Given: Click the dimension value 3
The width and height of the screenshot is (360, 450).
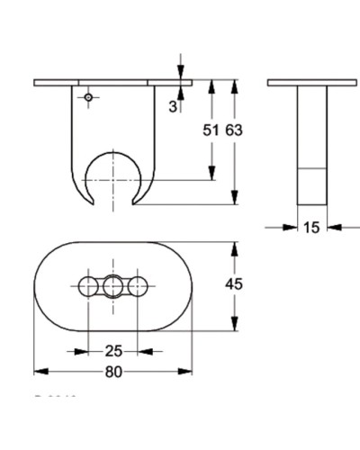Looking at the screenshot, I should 172,106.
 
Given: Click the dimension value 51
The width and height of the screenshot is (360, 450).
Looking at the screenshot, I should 211,130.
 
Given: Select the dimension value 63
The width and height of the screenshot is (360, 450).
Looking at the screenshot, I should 234,130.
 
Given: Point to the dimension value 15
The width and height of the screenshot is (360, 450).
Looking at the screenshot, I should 310,228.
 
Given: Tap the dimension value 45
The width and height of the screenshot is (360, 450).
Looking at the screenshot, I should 234,285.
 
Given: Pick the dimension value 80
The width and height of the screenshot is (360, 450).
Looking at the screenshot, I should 112,370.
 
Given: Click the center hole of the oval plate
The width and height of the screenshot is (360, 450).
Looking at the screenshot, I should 112,287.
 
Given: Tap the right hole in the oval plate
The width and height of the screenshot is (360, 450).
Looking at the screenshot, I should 138,287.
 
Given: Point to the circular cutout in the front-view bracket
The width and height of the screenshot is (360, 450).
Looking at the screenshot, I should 112,176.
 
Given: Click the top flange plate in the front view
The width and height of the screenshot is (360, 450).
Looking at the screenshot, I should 112,83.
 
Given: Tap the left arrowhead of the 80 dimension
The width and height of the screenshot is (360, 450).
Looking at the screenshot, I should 38,370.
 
